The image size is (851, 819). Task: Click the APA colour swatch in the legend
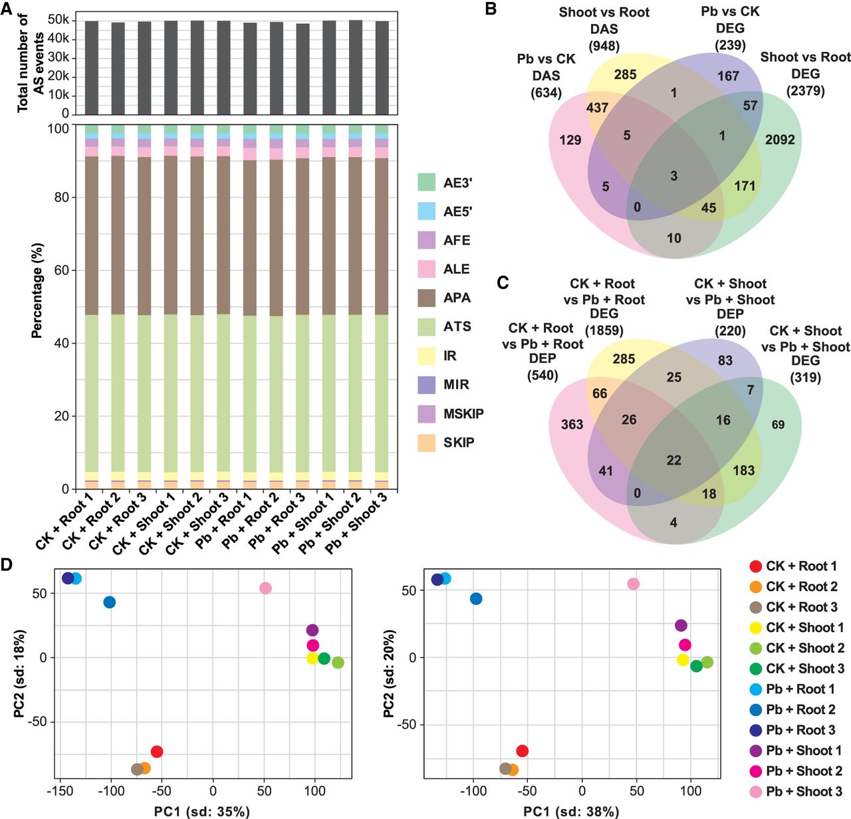[x=426, y=298]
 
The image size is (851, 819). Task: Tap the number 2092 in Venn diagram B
[x=780, y=140]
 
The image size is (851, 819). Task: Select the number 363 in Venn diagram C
[x=572, y=424]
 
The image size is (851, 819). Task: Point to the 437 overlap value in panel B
[x=597, y=107]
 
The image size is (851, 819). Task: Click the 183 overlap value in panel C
[x=743, y=471]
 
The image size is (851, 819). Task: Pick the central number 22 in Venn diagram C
[x=673, y=460]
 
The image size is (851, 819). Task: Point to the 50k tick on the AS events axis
[x=59, y=20]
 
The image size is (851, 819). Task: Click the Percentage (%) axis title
[x=37, y=291]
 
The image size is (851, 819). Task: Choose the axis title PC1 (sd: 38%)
[x=570, y=811]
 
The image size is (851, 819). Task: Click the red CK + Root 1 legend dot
[x=755, y=566]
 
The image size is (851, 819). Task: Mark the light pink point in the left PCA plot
[x=265, y=588]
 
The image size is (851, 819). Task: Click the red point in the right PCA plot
[x=522, y=751]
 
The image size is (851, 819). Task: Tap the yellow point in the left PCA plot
[x=312, y=658]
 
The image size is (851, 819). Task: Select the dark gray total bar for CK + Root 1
[x=92, y=68]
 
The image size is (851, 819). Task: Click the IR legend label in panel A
[x=450, y=356]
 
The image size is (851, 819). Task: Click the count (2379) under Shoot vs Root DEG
[x=806, y=90]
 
